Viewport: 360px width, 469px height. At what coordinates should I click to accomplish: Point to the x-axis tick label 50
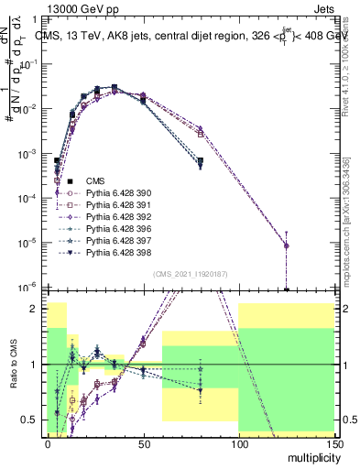(x=143, y=443)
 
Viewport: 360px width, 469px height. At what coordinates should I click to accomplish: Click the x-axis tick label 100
(x=238, y=443)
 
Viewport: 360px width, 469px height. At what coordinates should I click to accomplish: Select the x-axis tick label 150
(x=333, y=443)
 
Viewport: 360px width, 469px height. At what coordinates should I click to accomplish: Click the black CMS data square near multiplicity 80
(x=200, y=160)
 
